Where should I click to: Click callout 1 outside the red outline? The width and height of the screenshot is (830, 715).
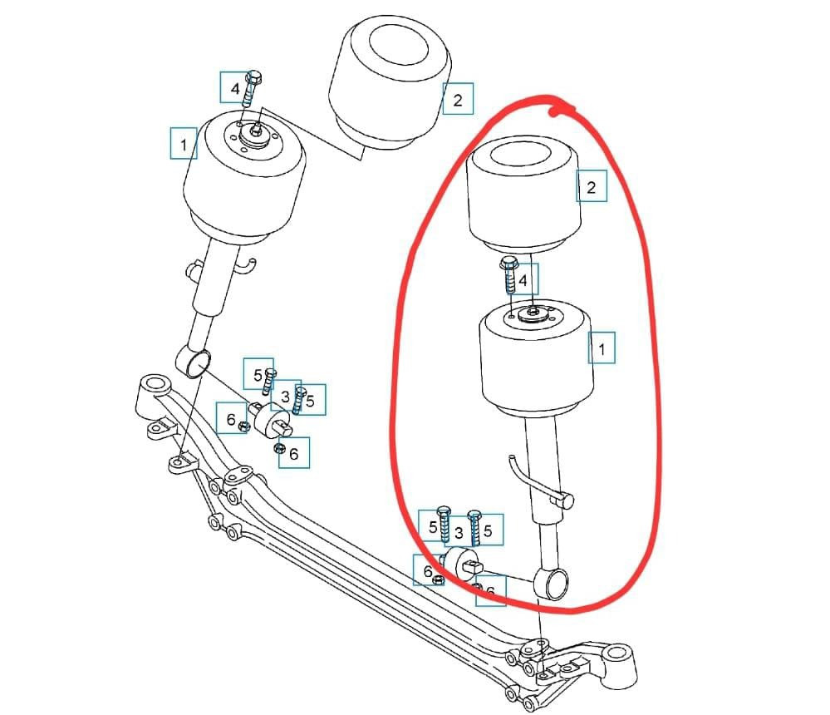click(184, 143)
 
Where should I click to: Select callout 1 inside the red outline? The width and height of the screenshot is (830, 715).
click(602, 348)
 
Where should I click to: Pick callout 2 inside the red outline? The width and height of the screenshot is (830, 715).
click(592, 186)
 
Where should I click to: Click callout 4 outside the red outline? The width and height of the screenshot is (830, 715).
click(234, 87)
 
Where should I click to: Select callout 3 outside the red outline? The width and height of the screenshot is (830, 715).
click(286, 397)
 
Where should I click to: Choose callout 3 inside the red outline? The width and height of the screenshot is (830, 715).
click(459, 532)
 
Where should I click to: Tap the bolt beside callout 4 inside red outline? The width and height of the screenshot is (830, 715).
click(509, 275)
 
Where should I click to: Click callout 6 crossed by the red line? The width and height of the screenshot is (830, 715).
click(491, 591)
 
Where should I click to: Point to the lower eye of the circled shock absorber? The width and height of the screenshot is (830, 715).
click(554, 584)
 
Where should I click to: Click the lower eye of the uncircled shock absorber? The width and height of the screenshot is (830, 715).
click(194, 362)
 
